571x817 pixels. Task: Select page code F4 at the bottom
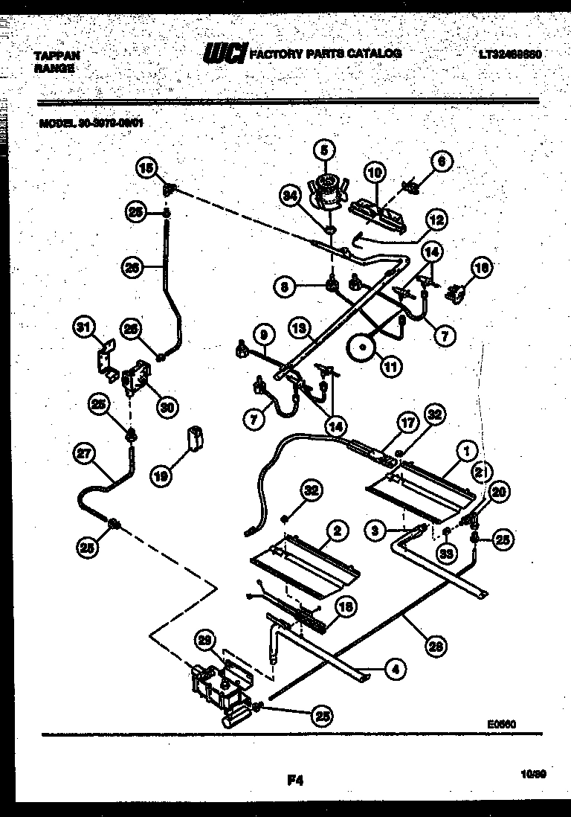(x=295, y=780)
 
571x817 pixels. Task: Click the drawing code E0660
(x=502, y=723)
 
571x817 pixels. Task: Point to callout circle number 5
(x=323, y=150)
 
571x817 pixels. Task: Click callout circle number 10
(x=375, y=173)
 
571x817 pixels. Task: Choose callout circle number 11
(x=390, y=365)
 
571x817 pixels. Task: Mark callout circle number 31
(x=86, y=327)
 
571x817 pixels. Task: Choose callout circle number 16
(x=482, y=268)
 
